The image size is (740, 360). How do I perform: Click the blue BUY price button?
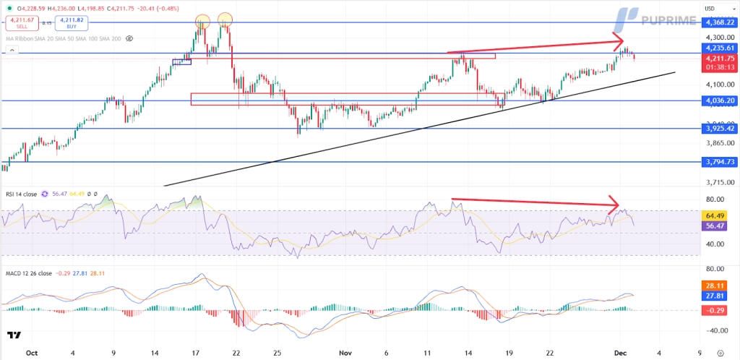point(72,23)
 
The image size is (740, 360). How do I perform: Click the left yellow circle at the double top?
point(202,20)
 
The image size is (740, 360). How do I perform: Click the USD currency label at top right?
point(710,9)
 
